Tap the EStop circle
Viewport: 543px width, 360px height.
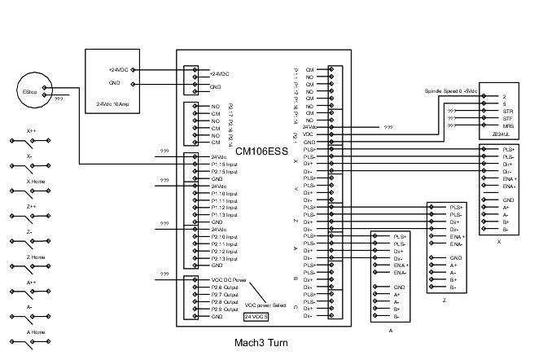coord(29,94)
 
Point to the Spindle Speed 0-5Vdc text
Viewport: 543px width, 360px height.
coord(451,90)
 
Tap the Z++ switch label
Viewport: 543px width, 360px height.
coord(33,207)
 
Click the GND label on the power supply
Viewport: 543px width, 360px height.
coord(115,83)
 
